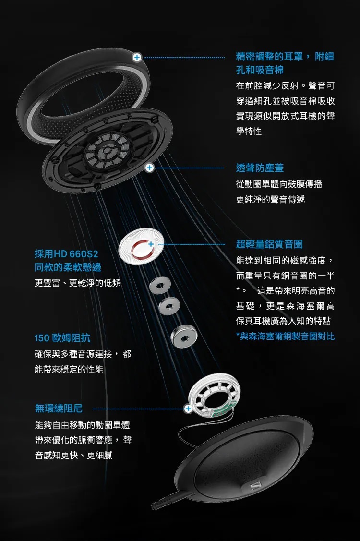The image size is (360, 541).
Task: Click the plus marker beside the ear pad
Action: [x=137, y=57]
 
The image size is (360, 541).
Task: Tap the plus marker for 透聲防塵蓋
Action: [x=149, y=168]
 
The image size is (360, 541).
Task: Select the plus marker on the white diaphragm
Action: [x=150, y=244]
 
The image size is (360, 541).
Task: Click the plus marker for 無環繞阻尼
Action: [x=188, y=409]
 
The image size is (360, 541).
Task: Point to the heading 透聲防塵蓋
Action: [x=260, y=168]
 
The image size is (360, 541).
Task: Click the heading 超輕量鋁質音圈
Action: [x=269, y=244]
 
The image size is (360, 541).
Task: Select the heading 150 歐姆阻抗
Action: [x=62, y=337]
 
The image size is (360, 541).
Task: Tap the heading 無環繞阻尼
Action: [x=59, y=409]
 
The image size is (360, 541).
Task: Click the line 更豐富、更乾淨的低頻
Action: [x=77, y=283]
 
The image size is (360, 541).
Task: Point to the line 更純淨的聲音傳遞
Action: [x=270, y=199]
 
